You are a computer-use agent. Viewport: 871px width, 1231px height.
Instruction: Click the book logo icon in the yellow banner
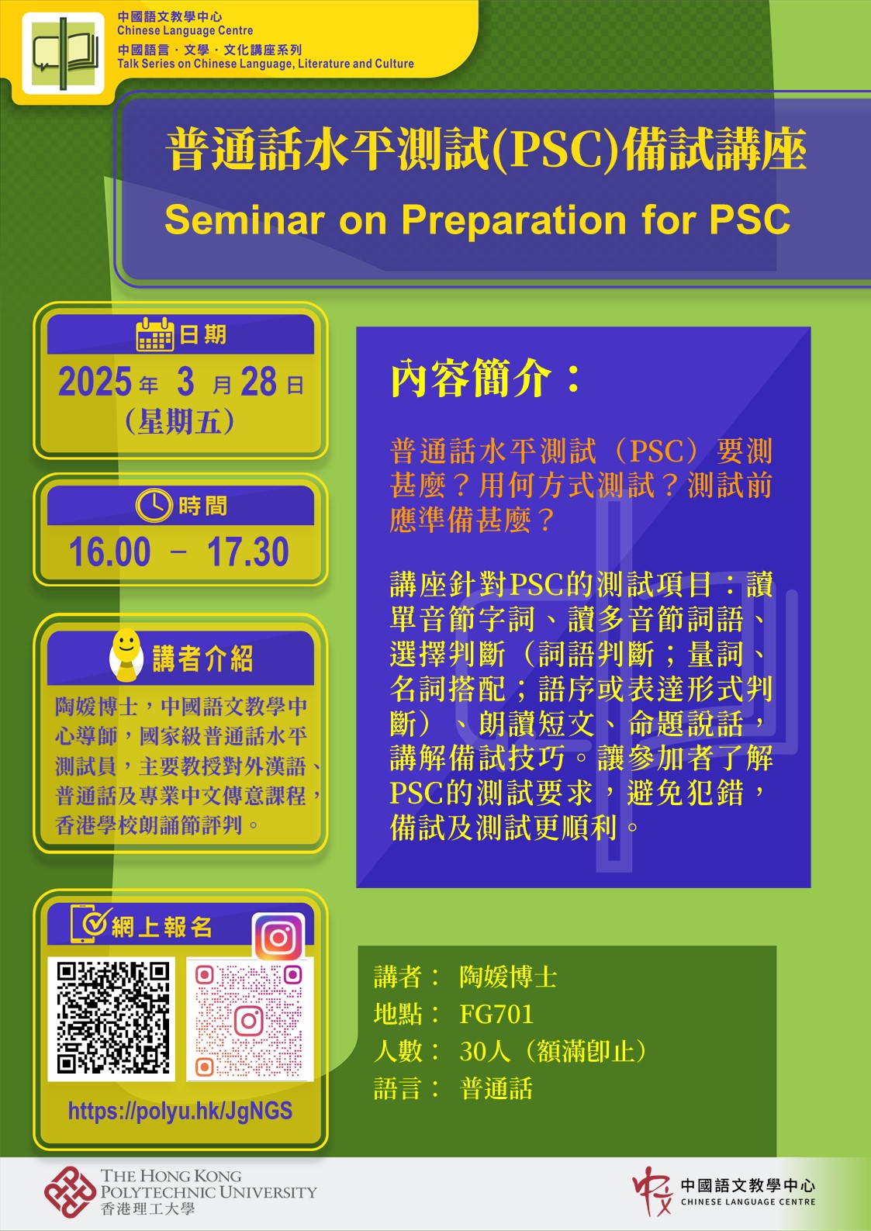point(63,54)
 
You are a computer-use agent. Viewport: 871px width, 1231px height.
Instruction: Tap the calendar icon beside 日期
point(155,334)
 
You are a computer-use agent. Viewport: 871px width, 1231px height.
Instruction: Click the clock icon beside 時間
point(154,504)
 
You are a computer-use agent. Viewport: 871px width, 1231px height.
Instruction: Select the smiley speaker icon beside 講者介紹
point(126,655)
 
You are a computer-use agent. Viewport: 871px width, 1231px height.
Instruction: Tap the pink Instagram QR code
point(250,1020)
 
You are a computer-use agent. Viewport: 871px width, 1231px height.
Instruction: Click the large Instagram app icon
point(278,937)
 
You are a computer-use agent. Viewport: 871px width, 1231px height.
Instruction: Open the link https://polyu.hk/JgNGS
point(180,1112)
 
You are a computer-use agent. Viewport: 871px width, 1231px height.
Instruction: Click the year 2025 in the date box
point(95,382)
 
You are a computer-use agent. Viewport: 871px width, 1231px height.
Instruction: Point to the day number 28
point(258,382)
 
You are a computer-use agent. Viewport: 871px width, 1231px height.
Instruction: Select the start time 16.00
point(110,552)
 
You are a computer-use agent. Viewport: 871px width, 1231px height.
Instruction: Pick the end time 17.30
point(248,552)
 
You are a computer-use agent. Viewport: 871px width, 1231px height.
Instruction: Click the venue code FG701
point(496,1015)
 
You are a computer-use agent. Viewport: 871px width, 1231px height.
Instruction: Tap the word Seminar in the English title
point(244,220)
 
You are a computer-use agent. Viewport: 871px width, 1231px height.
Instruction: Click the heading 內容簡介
point(471,378)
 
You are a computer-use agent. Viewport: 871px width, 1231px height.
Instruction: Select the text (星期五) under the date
point(180,422)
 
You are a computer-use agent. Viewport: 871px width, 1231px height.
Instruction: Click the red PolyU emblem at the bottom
point(70,1192)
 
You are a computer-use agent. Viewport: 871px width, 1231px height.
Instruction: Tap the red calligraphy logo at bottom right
point(652,1191)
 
